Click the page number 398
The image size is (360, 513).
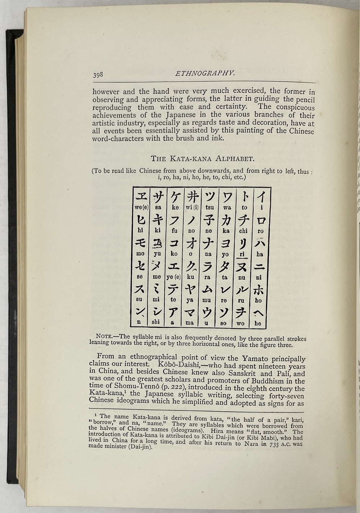tap(98, 75)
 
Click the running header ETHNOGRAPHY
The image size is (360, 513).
tap(205, 73)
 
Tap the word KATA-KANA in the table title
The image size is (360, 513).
tap(197, 158)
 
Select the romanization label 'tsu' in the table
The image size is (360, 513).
tap(210, 208)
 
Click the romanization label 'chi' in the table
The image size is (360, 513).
tap(243, 231)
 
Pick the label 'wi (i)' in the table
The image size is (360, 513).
tap(192, 208)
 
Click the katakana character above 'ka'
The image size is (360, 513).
tap(226, 219)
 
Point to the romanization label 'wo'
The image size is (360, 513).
tap(240, 324)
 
